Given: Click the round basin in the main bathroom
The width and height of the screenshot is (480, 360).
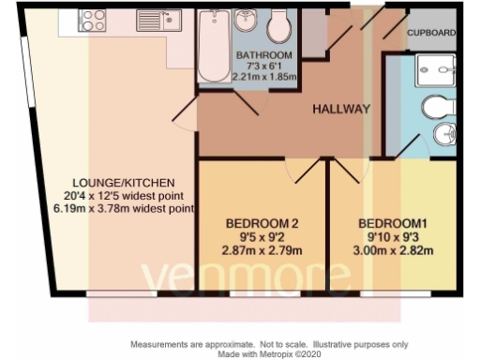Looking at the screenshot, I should [248, 20].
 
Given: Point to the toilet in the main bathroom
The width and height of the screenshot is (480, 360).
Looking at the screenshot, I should [279, 26].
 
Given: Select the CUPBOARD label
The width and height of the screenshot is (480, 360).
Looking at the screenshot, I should [432, 33].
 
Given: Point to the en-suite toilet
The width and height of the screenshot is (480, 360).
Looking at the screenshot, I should [440, 108].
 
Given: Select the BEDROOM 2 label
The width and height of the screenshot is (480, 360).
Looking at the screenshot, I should [263, 223].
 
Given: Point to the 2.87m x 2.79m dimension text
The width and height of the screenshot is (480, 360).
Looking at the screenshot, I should [263, 251].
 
